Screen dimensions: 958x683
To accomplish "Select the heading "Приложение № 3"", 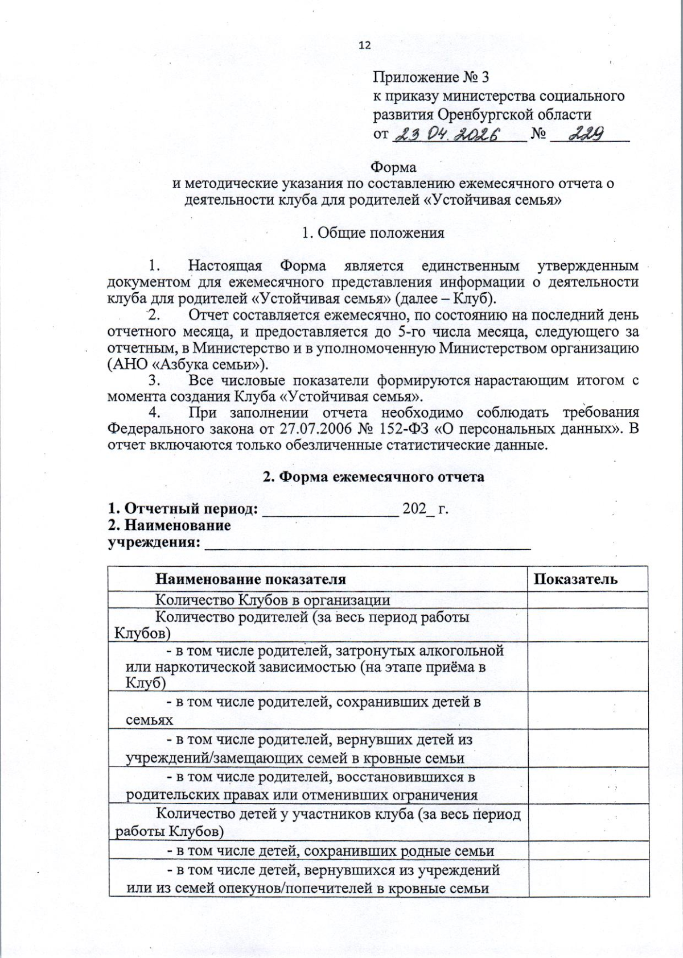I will click(x=431, y=77).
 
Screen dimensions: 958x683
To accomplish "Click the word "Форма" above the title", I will click(x=393, y=167).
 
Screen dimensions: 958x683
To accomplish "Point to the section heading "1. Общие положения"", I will click(x=373, y=233).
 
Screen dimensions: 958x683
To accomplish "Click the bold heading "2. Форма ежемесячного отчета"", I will click(x=373, y=476).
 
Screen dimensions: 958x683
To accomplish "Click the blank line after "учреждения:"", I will click(x=367, y=543).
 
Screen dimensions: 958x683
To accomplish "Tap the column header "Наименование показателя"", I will click(x=250, y=579).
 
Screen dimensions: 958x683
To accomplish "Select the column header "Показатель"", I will click(x=575, y=579).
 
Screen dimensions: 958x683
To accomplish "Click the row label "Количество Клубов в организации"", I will click(x=273, y=600).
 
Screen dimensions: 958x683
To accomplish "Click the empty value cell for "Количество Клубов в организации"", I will click(x=587, y=600).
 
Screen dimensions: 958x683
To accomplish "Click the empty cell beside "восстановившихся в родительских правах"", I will click(x=587, y=785).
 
